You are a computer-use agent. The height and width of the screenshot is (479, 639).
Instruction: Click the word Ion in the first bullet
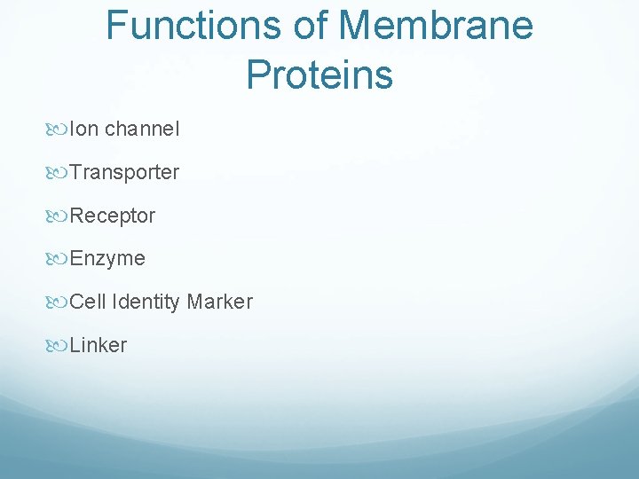[x=84, y=129]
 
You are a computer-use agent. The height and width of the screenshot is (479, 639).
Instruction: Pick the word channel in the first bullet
[x=142, y=129]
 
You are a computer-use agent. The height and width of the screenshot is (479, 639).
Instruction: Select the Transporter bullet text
[x=124, y=172]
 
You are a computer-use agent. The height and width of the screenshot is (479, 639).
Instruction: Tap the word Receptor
[x=112, y=216]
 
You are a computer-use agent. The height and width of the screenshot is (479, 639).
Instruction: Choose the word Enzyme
[x=107, y=259]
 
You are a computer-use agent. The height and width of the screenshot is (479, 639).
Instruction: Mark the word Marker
[x=219, y=302]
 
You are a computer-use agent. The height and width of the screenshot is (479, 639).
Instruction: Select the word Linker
[x=98, y=345]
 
